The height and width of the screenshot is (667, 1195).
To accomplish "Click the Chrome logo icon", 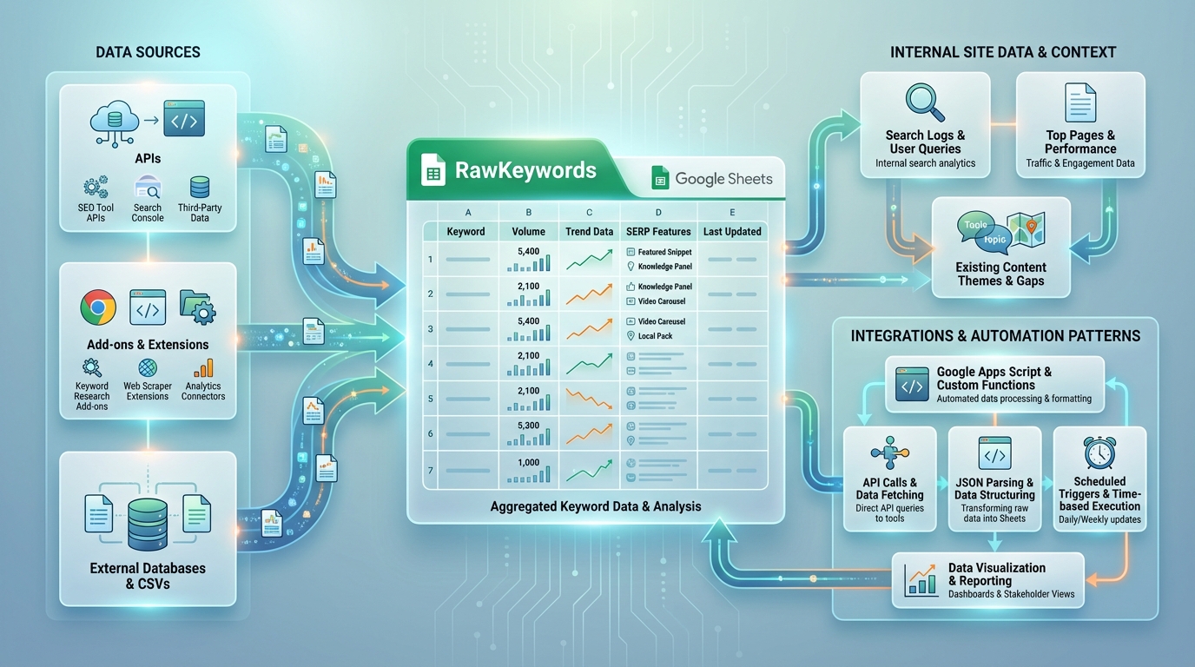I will point(98,307).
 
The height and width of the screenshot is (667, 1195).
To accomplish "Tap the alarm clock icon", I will point(1099,452).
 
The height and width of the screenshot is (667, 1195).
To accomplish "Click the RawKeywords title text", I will point(525,170).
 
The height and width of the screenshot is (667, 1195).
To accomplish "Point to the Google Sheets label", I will point(723,179).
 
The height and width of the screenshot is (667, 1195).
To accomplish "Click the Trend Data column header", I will point(589,232).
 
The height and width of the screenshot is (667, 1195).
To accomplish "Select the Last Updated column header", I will point(732,232).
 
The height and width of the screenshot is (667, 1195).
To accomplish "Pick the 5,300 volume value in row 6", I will point(528,426).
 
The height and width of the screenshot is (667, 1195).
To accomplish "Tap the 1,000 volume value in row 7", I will point(528,462).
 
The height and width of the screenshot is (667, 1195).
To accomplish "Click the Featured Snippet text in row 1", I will point(664,252).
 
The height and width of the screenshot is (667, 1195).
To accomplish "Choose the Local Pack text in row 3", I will point(655,336).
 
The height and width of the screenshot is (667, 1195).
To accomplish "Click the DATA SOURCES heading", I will point(148,52).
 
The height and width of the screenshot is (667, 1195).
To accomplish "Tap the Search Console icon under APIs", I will point(148,187).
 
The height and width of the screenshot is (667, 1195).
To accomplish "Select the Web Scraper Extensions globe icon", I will point(148,368).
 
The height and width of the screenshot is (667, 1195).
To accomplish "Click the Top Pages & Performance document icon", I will point(1080,102).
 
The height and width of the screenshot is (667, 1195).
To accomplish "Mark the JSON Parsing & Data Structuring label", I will point(994,489).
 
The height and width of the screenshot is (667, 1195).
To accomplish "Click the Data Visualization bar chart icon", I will point(921,579).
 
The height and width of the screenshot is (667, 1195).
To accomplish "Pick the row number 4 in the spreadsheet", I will point(430,364).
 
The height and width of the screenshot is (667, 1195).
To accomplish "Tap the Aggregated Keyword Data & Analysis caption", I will point(596,506).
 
